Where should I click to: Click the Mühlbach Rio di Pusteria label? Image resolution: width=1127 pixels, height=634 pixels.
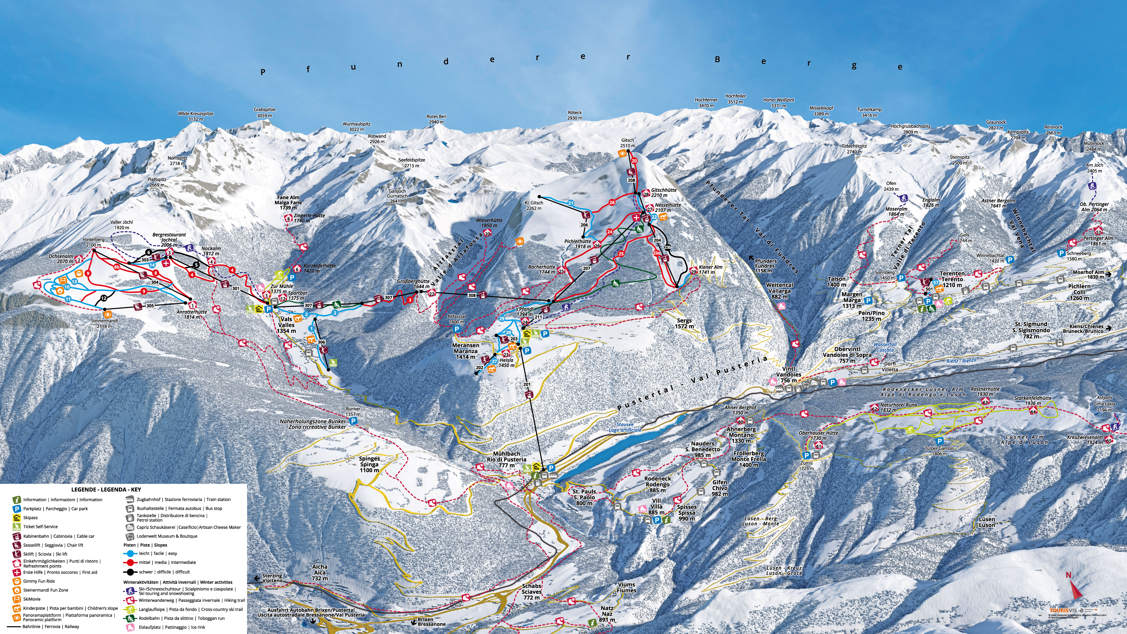(x=506, y=459)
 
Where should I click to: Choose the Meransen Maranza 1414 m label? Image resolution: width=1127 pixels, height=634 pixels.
(x=465, y=351)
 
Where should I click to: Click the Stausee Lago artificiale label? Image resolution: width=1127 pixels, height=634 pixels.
(x=625, y=427)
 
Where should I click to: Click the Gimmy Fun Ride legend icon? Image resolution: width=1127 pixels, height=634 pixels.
(x=17, y=581)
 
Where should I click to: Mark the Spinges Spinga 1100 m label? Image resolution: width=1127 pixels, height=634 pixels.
(x=369, y=464)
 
